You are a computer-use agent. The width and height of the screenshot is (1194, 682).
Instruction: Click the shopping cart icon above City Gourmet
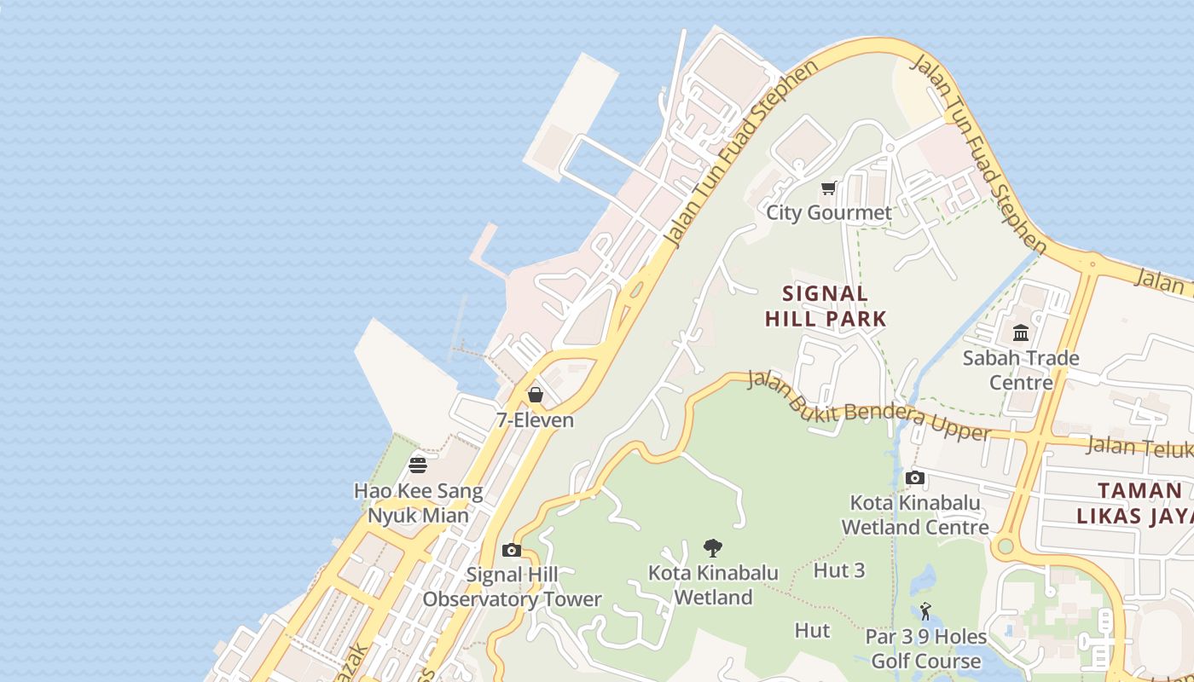coord(828,188)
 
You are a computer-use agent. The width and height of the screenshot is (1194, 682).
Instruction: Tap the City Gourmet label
coord(828,212)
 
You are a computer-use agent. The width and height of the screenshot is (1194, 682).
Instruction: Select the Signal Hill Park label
coord(826,306)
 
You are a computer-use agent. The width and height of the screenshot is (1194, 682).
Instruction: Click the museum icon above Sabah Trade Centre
coord(1021,332)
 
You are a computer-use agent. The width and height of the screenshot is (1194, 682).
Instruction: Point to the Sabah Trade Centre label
coord(1021,370)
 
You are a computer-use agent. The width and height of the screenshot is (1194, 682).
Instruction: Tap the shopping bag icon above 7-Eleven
coord(536,395)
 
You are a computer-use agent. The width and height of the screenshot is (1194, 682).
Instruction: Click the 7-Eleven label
coord(536,420)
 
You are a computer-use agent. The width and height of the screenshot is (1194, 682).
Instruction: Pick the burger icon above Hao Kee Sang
coord(418,465)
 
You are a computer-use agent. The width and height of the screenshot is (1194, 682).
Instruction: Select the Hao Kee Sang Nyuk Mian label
coord(418,504)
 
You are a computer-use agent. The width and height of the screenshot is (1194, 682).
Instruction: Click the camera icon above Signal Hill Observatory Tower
coord(512,550)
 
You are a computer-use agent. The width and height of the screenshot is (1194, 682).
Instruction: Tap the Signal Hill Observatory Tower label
coord(512,587)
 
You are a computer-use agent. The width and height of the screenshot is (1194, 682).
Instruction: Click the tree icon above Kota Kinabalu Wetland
coord(713,547)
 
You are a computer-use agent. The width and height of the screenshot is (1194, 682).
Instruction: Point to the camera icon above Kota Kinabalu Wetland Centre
coord(915,477)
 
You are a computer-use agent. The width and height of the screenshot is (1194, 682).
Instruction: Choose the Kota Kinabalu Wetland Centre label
coord(915,515)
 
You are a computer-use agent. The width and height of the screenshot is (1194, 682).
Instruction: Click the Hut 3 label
coord(839,570)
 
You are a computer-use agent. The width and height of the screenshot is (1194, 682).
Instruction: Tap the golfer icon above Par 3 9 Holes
coord(925,611)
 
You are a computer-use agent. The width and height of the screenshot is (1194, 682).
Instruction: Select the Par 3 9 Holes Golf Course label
coord(925,649)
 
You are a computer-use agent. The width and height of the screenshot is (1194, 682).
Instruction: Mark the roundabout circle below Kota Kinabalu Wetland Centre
coord(1005,546)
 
